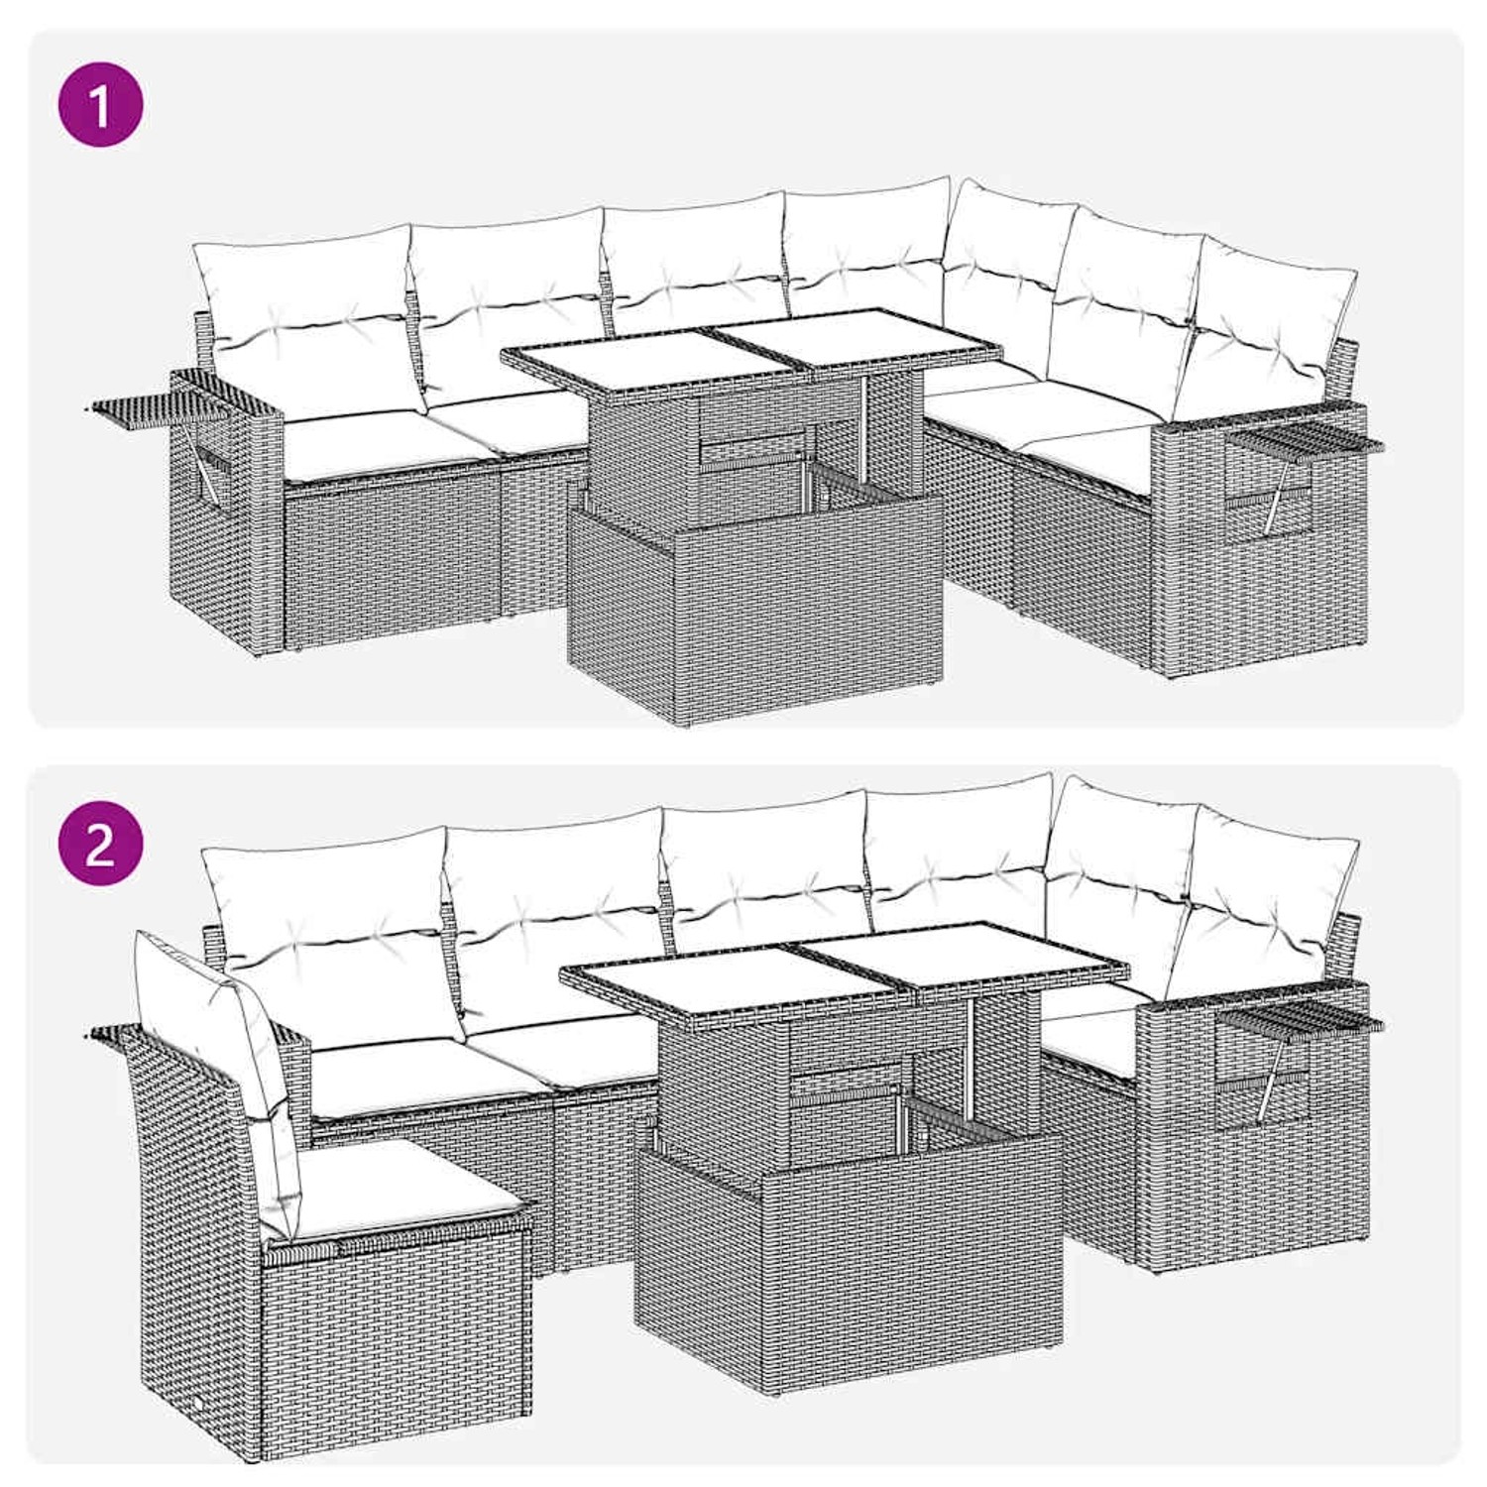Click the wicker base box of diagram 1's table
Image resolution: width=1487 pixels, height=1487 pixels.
753,605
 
